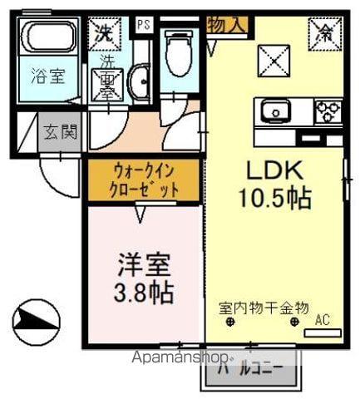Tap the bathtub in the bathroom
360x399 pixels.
(47, 42)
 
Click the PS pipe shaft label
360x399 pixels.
(144, 25)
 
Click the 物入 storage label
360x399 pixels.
(226, 25)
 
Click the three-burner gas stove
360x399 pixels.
(327, 111)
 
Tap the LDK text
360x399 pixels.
(275, 170)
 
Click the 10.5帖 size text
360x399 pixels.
(274, 199)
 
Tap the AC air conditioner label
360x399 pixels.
(323, 319)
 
